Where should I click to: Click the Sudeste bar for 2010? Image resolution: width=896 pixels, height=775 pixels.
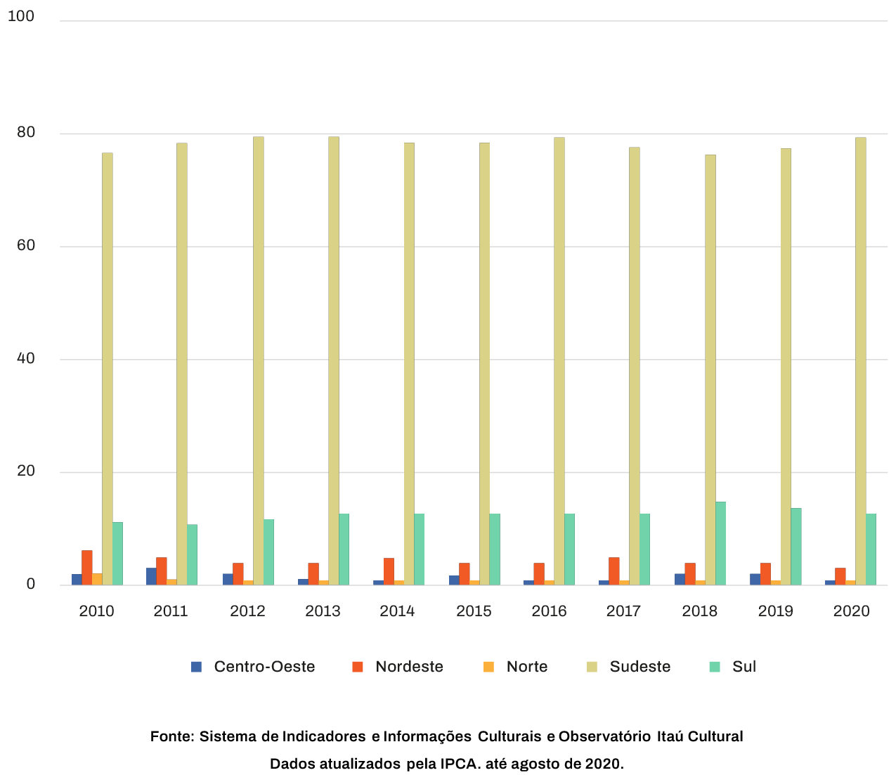(x=107, y=368)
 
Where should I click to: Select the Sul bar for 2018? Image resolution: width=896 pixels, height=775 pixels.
(x=720, y=543)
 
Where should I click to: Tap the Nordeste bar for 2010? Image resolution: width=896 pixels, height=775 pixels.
(x=87, y=567)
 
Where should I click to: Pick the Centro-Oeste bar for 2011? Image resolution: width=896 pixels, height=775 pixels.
(x=151, y=576)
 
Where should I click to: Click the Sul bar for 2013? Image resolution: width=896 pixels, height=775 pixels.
(x=344, y=549)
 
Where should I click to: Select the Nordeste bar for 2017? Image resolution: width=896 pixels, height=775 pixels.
(x=614, y=571)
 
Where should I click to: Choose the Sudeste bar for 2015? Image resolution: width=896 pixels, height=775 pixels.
(x=484, y=363)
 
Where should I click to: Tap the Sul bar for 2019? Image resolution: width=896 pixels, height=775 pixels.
(x=796, y=546)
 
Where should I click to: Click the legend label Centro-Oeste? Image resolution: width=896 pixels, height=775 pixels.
(x=264, y=667)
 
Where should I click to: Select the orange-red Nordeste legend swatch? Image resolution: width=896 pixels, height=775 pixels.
(x=358, y=667)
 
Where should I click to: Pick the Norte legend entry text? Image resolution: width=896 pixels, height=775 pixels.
(x=526, y=667)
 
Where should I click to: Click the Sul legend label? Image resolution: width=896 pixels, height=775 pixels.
(x=744, y=667)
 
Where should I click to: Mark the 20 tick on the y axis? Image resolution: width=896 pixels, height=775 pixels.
(x=26, y=471)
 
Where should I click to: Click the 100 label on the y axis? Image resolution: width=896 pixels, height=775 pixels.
(x=21, y=16)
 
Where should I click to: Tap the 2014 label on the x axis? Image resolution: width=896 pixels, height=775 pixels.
(x=397, y=611)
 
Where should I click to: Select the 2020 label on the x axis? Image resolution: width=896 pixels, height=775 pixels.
(x=851, y=611)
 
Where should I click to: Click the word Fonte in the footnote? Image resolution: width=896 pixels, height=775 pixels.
(x=171, y=736)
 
